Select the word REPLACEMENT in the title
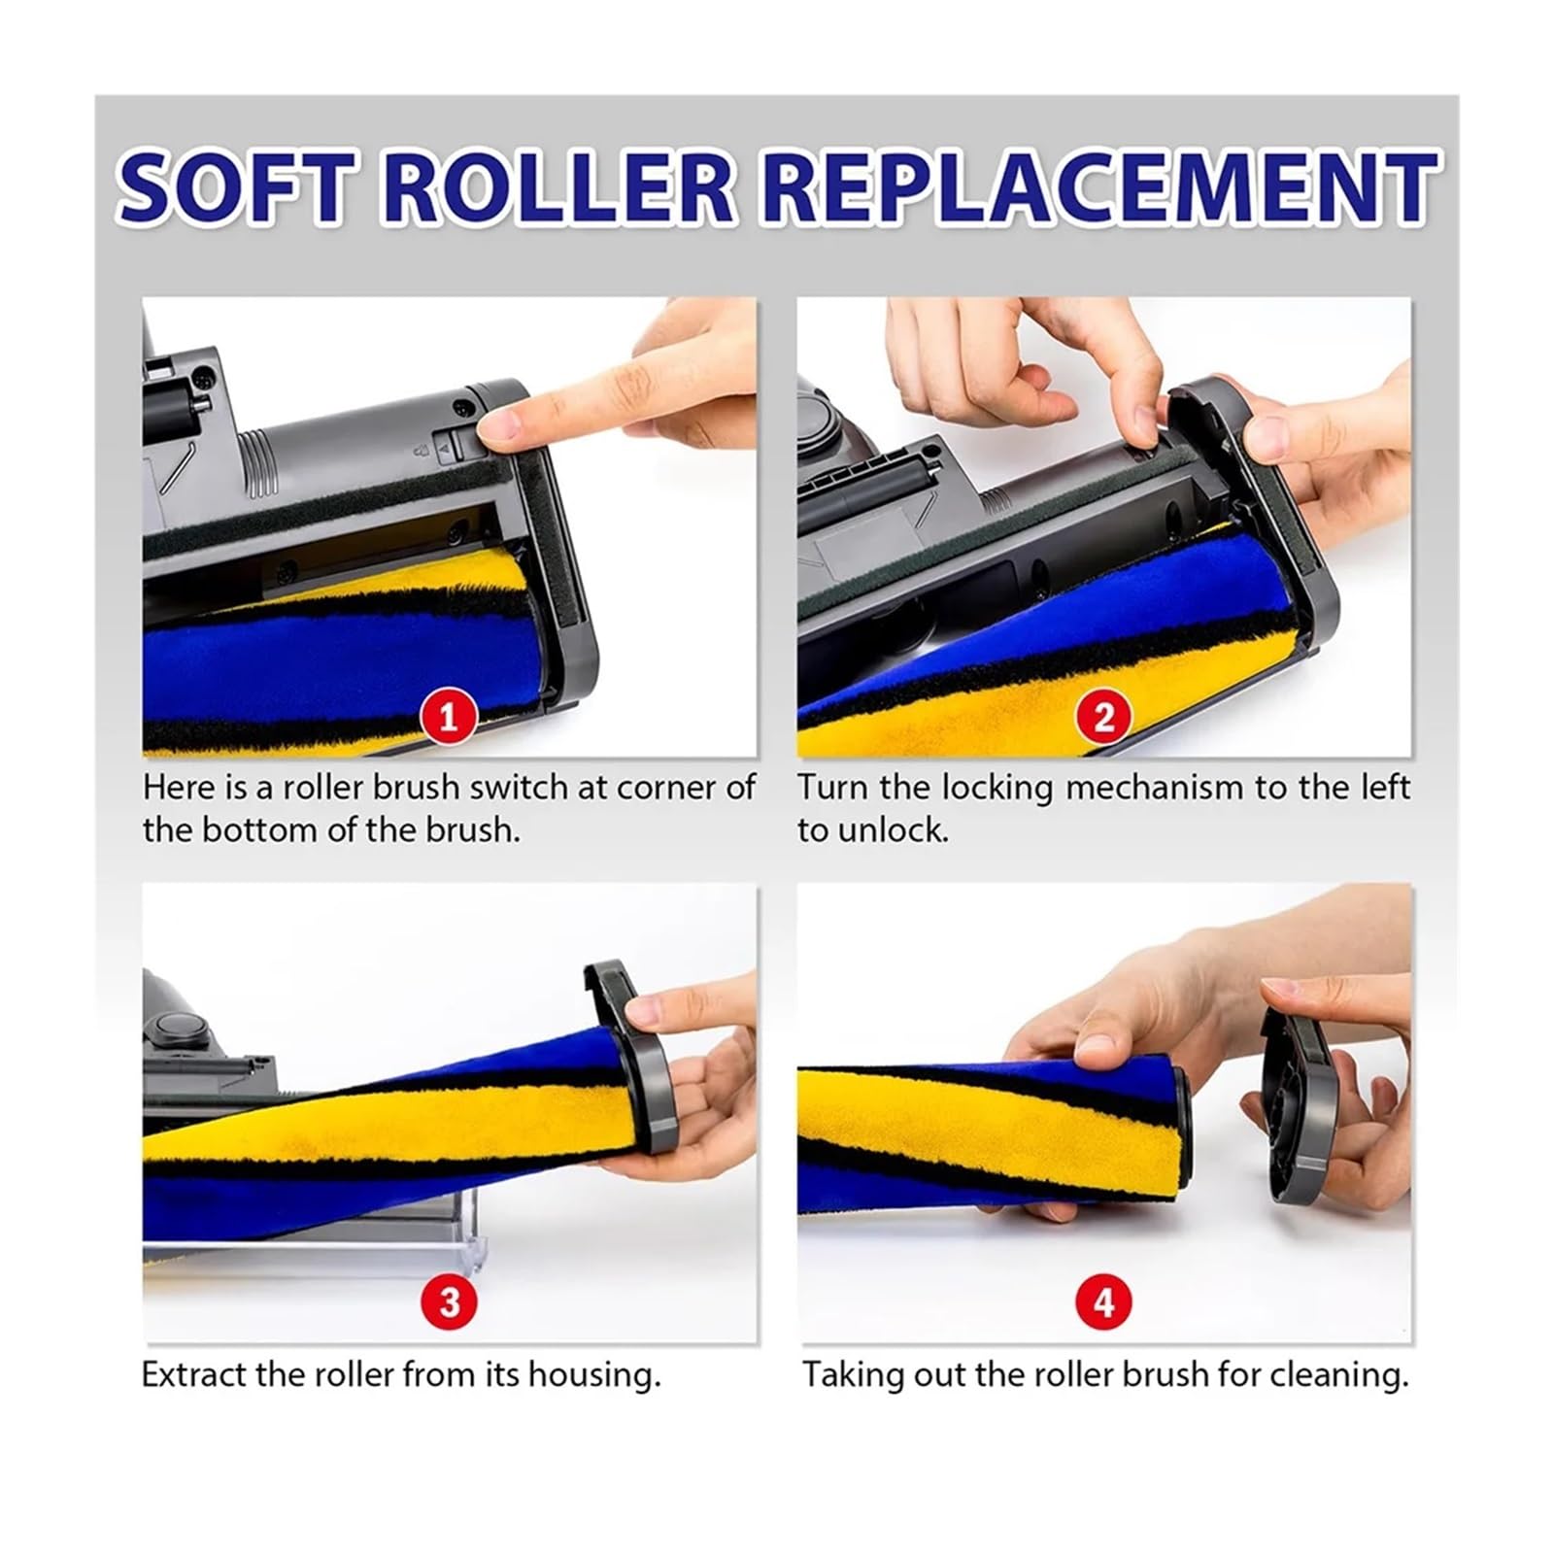click(1099, 187)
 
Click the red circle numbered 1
click(448, 718)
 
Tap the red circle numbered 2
click(1103, 718)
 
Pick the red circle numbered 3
click(449, 1302)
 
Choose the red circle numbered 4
click(1104, 1302)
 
